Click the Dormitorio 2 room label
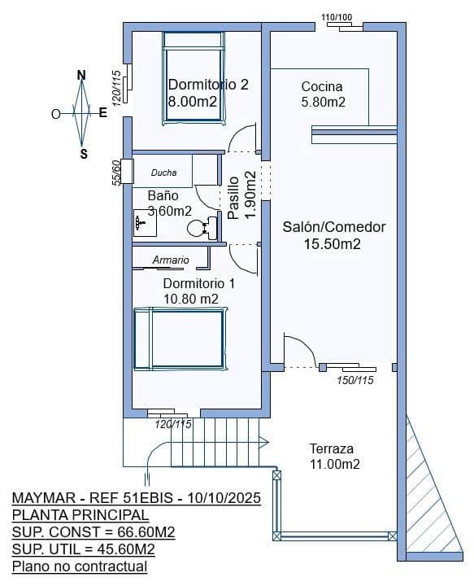pyautogui.click(x=207, y=84)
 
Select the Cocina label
pyautogui.click(x=322, y=86)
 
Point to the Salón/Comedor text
pyautogui.click(x=333, y=227)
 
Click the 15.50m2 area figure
pyautogui.click(x=333, y=243)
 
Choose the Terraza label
pyautogui.click(x=332, y=448)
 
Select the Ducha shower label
pyautogui.click(x=163, y=173)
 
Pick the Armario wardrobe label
pyautogui.click(x=171, y=260)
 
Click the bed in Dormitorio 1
pyautogui.click(x=180, y=339)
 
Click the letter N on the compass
pyautogui.click(x=81, y=76)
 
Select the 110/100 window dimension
pyautogui.click(x=337, y=17)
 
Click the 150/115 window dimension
pyautogui.click(x=355, y=380)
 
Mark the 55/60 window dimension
pyautogui.click(x=117, y=173)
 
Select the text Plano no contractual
pyautogui.click(x=80, y=566)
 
